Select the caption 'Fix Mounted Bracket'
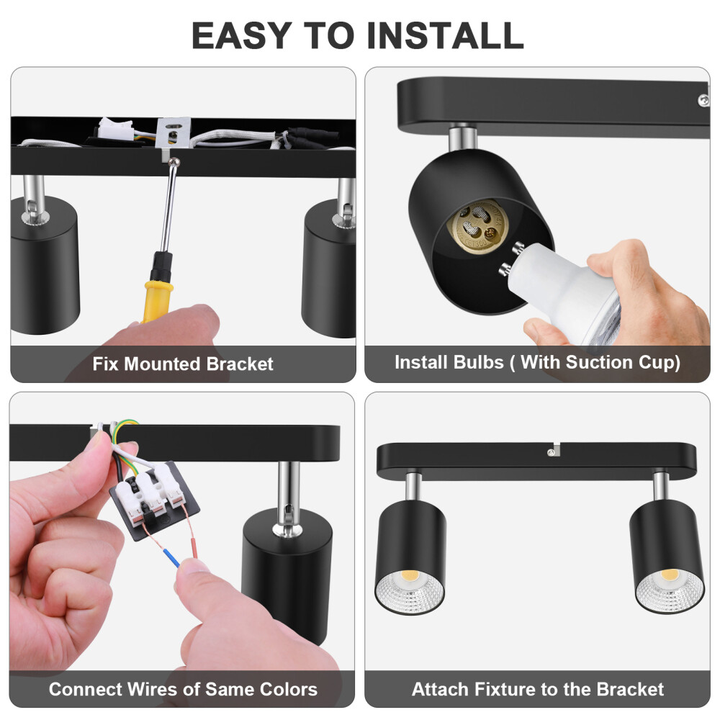click(x=183, y=364)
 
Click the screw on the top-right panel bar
click(x=701, y=101)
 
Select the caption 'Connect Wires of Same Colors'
click(x=183, y=689)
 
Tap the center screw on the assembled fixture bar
click(x=550, y=452)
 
